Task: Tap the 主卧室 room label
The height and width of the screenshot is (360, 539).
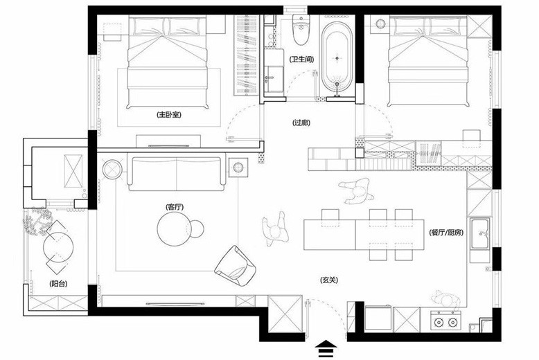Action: pos(169,115)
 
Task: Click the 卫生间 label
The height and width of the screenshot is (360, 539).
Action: pos(301,60)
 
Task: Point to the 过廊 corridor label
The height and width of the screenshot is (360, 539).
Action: pos(301,123)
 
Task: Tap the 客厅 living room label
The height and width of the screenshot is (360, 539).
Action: pos(175,207)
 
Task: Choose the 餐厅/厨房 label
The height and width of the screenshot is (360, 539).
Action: pos(446,233)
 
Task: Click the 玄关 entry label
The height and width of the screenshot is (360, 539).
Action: pos(329,280)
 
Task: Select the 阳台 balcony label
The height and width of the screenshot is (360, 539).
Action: pos(58,284)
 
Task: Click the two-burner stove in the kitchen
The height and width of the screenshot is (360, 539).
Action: pos(445,321)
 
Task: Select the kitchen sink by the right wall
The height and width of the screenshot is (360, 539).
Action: pos(480,233)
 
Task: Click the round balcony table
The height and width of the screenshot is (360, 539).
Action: pos(58,246)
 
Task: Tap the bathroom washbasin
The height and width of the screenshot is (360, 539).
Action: pos(274,79)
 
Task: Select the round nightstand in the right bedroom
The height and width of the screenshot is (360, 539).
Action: pos(380,24)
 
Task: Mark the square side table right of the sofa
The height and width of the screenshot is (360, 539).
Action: pos(238,168)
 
